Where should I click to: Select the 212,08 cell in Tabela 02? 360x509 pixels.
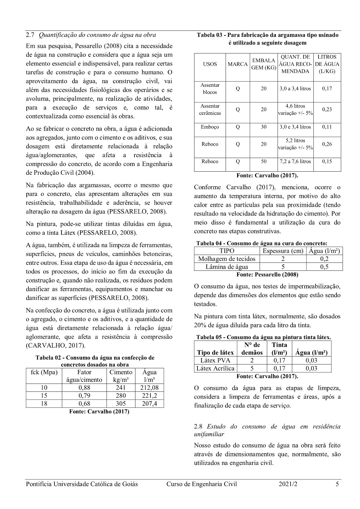tap(149, 388)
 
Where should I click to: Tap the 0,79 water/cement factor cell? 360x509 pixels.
tap(84, 396)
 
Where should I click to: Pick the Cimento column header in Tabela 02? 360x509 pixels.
tap(121, 376)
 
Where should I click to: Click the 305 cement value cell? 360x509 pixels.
tap(121, 404)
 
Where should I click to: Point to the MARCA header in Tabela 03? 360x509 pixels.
tap(238, 64)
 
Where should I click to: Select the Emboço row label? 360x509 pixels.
tap(210, 127)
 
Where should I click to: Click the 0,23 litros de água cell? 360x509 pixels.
tap(327, 109)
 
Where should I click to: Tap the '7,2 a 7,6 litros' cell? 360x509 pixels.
tap(295, 161)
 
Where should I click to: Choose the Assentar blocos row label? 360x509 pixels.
tap(210, 89)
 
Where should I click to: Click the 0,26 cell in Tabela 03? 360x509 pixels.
tap(327, 144)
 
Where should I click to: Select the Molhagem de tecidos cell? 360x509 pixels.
tap(227, 259)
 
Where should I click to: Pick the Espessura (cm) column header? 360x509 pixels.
tap(283, 251)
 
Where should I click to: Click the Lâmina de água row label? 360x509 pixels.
tap(227, 267)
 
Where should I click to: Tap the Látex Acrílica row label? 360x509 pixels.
tap(215, 368)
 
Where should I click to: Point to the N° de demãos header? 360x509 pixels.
tap(252, 349)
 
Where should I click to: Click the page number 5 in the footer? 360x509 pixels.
tap(337, 484)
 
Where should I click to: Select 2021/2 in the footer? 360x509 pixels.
tap(288, 484)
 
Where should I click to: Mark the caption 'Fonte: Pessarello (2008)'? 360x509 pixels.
tap(267, 274)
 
